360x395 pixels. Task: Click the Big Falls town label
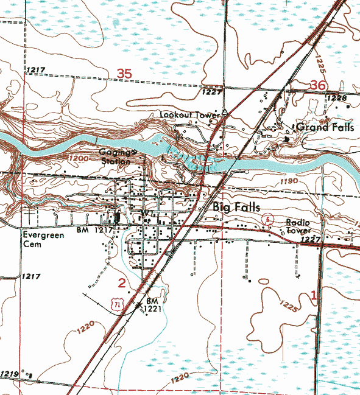236,208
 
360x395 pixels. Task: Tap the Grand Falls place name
325,128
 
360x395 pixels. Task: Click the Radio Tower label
298,227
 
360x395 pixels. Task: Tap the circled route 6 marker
266,218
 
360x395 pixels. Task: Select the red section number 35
124,73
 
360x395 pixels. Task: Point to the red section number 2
122,282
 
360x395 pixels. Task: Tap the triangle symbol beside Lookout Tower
225,113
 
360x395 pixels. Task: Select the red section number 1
314,296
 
